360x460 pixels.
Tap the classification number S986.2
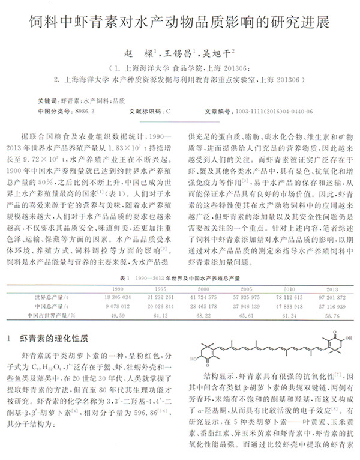[86, 111]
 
